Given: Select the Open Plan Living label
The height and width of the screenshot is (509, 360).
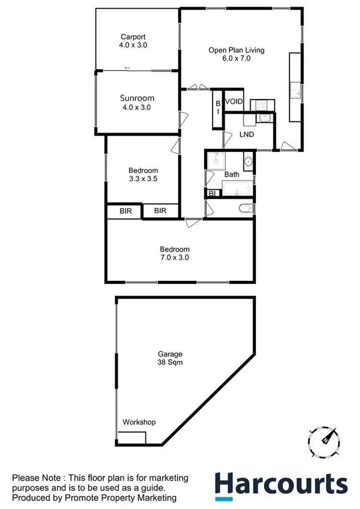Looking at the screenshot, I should (x=236, y=50).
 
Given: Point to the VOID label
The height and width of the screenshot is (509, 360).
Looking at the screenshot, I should (x=234, y=102).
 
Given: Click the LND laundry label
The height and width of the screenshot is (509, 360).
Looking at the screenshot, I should (x=246, y=134).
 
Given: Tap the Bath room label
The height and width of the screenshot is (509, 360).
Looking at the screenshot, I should (x=232, y=174).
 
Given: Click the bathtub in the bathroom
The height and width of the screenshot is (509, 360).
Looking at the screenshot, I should (x=237, y=188).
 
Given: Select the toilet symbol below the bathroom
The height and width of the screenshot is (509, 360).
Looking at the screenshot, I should (x=244, y=208).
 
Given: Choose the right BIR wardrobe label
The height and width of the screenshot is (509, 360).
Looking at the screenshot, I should (x=160, y=210).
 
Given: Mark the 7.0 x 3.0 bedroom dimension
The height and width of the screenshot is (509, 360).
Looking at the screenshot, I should (x=175, y=257).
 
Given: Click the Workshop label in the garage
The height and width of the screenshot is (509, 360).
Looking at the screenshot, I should (x=139, y=422).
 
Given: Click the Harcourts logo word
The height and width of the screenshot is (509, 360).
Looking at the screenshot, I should (x=281, y=484).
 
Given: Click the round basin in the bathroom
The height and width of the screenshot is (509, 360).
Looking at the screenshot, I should (x=248, y=161).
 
